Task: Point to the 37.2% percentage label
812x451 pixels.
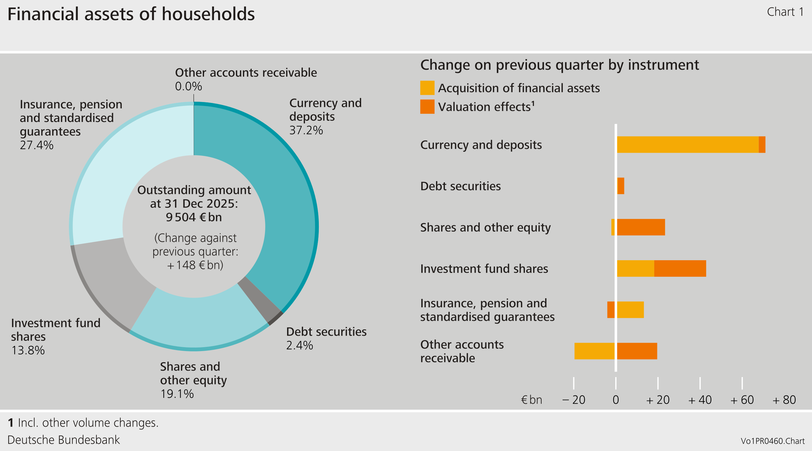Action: tap(306, 130)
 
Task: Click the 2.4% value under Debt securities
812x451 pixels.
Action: tap(299, 345)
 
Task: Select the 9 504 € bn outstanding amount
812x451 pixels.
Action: tap(194, 217)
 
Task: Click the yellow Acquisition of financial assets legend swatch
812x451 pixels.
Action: tap(427, 88)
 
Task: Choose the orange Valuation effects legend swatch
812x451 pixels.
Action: tap(427, 107)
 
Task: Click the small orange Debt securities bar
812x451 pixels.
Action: tap(621, 186)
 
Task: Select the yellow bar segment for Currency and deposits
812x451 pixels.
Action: tap(687, 145)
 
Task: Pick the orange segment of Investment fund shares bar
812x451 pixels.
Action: tap(680, 268)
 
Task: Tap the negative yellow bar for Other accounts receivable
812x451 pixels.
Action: tap(594, 351)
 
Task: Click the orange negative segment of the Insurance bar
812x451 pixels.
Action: tap(611, 310)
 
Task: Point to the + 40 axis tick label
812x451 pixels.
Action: tap(700, 400)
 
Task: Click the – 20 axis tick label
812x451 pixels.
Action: tap(574, 400)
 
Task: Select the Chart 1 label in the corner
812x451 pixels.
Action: tap(785, 12)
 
